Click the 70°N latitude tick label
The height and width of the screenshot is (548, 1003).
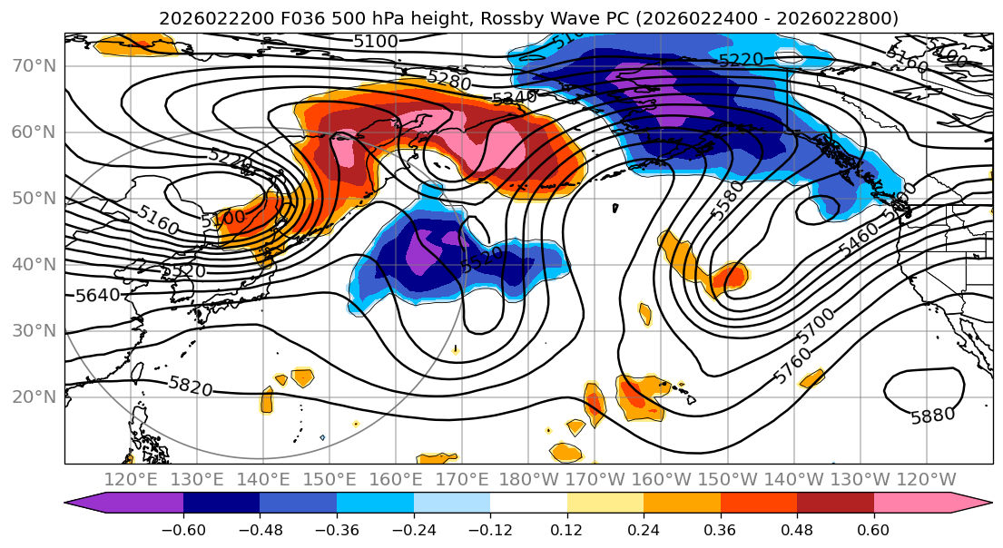33,65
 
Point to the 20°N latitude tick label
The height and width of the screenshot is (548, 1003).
33,397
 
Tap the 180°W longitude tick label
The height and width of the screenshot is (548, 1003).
527,480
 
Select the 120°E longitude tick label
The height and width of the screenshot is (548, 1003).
131,480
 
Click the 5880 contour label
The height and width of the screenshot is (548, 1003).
932,416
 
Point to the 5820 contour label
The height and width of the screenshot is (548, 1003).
191,387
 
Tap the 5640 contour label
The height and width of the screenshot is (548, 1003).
96,295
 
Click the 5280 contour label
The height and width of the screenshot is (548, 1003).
449,82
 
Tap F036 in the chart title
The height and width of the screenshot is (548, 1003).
270,18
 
